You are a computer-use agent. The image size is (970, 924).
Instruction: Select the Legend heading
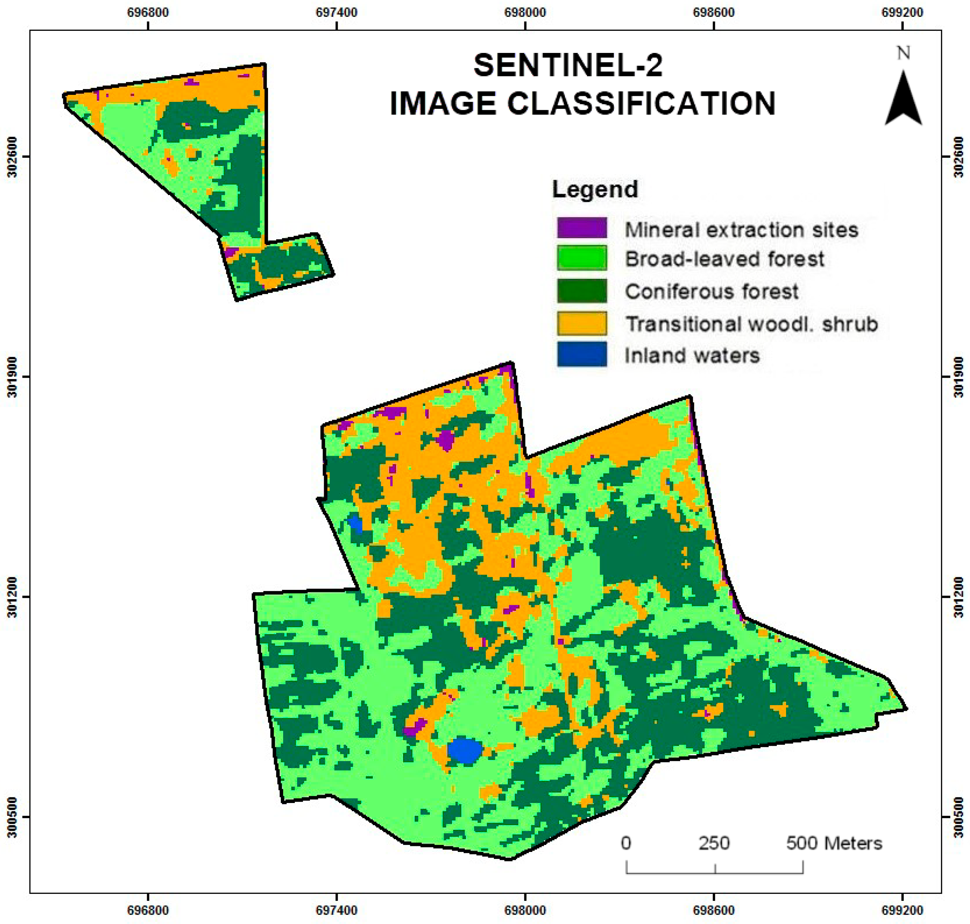pos(595,189)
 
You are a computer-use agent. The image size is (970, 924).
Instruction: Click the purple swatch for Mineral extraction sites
pos(582,228)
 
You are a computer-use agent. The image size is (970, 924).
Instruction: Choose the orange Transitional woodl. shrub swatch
pos(582,323)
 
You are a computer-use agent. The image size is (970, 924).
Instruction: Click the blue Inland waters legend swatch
pos(582,355)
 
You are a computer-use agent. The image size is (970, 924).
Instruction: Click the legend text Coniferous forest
pos(711,292)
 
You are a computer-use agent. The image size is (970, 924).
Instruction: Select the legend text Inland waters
pos(692,355)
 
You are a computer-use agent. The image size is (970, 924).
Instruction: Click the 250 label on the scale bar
pos(714,843)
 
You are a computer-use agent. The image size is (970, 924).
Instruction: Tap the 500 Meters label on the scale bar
pos(834,843)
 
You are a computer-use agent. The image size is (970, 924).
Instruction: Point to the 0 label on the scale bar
pos(626,843)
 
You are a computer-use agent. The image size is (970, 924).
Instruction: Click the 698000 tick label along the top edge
pos(525,12)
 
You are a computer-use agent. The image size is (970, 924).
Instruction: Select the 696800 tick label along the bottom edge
pos(148,911)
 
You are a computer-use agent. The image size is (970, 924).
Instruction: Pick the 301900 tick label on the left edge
pos(13,377)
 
